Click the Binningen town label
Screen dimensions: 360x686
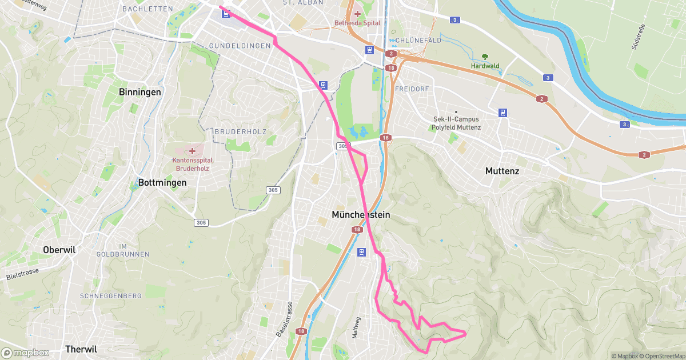[140, 92]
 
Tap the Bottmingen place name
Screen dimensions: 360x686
[162, 183]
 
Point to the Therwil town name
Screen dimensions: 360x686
[81, 349]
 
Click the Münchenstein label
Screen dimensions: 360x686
[361, 215]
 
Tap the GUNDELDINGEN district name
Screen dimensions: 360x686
[240, 45]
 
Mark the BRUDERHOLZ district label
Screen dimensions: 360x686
[241, 131]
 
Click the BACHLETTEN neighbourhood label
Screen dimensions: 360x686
[147, 9]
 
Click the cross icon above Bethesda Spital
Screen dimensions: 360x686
[357, 14]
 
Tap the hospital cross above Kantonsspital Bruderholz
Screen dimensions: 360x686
[193, 151]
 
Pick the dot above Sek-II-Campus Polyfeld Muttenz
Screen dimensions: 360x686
[456, 111]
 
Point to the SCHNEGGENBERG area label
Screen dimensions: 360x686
[111, 296]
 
